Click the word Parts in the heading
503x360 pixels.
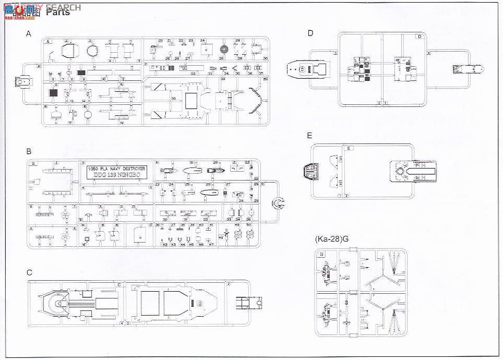click(x=58, y=12)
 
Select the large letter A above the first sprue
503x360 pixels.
click(x=29, y=34)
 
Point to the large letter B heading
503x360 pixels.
click(x=29, y=151)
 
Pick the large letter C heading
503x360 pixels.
click(x=29, y=272)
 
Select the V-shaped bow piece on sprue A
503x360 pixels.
click(x=256, y=99)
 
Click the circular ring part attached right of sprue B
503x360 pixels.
click(x=279, y=203)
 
